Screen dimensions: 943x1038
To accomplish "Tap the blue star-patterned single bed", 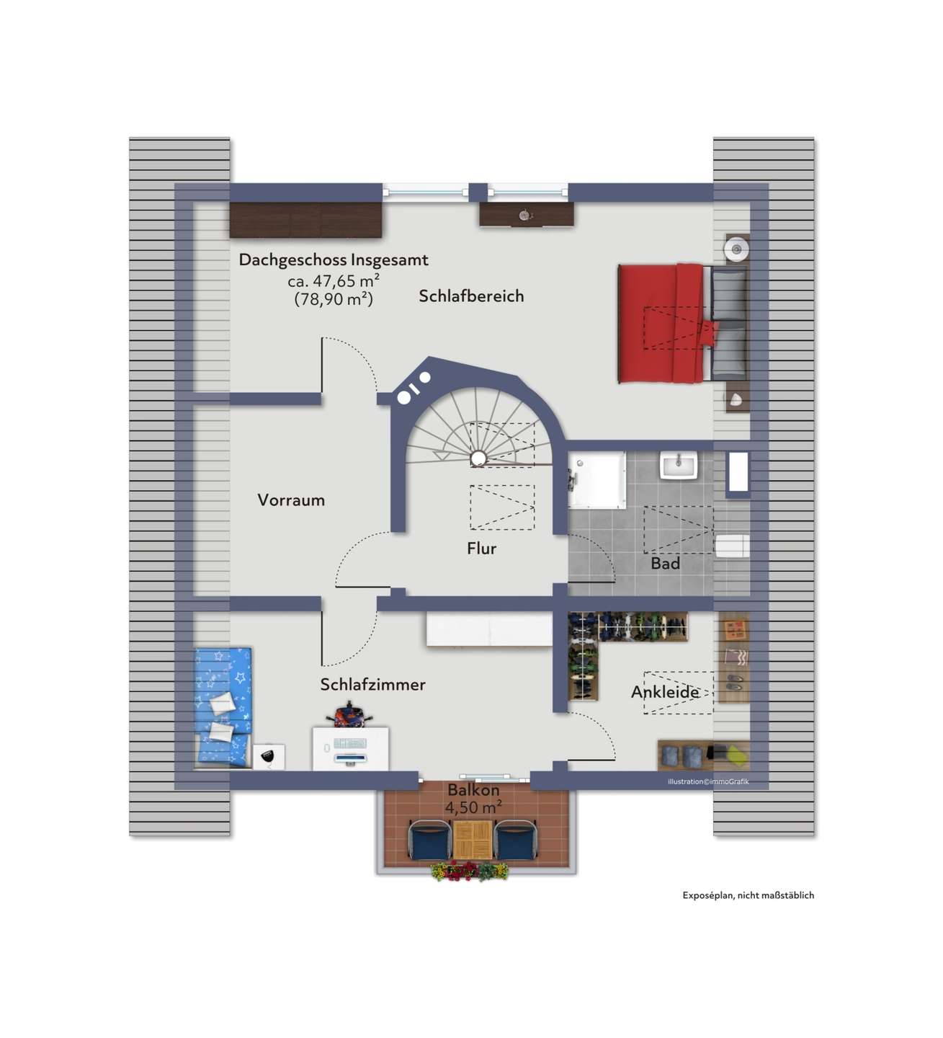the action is tap(223, 706).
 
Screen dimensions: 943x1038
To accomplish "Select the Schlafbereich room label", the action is tap(471, 296).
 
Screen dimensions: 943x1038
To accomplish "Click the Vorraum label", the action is tap(291, 500).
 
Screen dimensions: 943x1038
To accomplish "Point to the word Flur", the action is tap(482, 548).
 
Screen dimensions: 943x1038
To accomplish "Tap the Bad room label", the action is tap(665, 563).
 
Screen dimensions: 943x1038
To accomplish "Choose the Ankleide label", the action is tap(665, 692).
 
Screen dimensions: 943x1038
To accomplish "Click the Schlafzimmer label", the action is tap(372, 685).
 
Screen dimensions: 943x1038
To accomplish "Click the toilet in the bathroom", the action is tap(732, 546).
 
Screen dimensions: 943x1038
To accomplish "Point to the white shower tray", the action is tap(597, 479).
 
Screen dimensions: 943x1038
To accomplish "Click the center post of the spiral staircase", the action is tap(478, 458).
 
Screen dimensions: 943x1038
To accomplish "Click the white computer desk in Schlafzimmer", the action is tap(350, 748).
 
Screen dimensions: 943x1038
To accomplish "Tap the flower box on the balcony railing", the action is tap(470, 871).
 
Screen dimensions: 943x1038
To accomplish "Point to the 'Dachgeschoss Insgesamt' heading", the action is tap(333, 259).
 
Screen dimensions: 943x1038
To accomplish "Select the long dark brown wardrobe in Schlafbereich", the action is tap(305, 220).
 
